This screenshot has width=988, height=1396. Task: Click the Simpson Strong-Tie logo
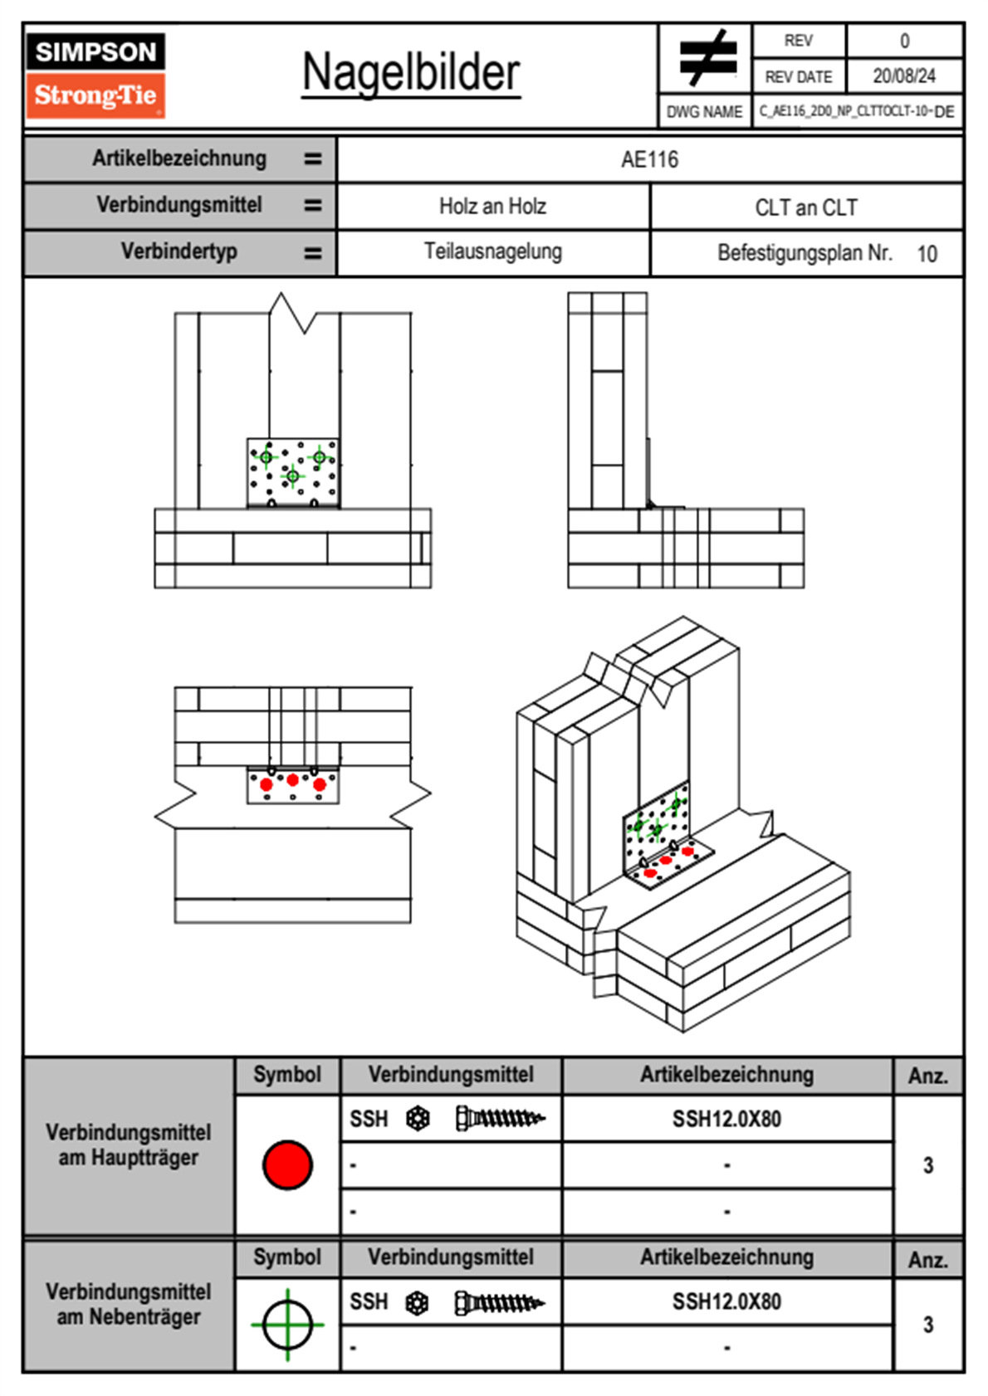tap(95, 76)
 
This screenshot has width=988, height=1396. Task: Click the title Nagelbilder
tap(411, 72)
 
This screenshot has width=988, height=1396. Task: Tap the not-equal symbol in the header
tap(707, 58)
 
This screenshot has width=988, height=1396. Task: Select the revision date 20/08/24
tap(903, 76)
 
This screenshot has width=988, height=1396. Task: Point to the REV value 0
tap(904, 41)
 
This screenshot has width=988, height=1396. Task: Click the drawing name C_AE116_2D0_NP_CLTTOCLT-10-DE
tap(856, 111)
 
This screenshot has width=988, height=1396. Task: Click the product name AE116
tap(649, 159)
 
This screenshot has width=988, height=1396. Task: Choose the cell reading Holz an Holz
tap(492, 207)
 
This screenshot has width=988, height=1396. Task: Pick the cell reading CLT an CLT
tap(805, 207)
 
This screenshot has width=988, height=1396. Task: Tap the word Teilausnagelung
tap(492, 251)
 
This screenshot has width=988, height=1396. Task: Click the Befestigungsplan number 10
tap(927, 254)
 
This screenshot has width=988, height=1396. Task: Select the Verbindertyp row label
tap(179, 251)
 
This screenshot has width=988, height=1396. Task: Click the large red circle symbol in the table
tap(287, 1164)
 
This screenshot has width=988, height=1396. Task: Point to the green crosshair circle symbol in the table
tap(287, 1324)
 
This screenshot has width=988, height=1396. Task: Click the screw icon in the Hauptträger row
tap(500, 1119)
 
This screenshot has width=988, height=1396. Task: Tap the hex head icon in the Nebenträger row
tap(417, 1303)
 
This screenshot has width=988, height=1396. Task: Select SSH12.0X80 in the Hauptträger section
tap(726, 1119)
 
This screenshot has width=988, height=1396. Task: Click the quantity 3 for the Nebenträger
tap(927, 1325)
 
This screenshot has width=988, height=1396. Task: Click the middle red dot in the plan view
tap(292, 780)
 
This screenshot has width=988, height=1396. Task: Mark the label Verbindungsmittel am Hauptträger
tap(129, 1145)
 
